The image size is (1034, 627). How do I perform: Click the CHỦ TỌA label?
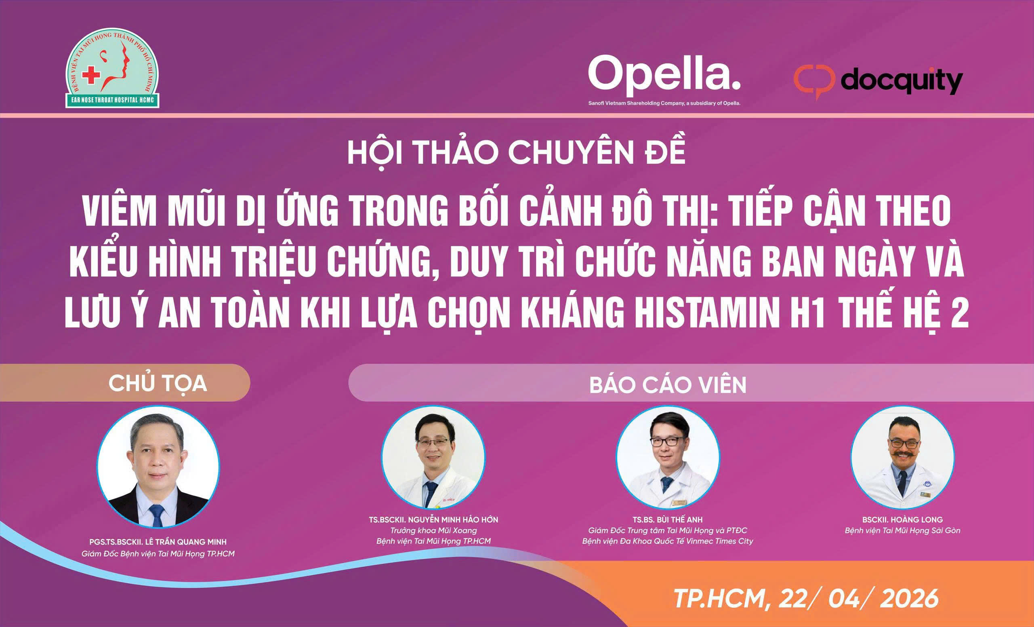[x=158, y=383]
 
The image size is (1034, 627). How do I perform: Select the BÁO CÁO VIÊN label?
[x=668, y=385]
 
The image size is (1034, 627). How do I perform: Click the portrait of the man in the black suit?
[x=158, y=466]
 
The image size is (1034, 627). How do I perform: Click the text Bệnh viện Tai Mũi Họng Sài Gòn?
[x=902, y=531]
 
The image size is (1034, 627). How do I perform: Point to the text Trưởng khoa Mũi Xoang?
[x=433, y=530]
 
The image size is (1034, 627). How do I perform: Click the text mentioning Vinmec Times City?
[x=668, y=541]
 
